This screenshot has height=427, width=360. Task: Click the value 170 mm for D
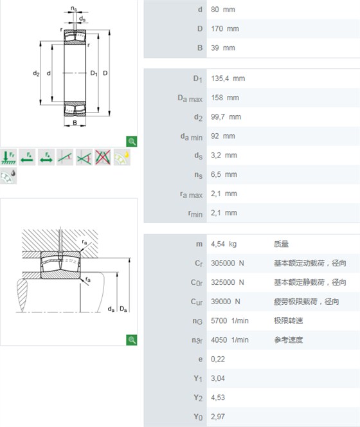click(225, 28)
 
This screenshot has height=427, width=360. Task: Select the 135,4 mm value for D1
click(228, 78)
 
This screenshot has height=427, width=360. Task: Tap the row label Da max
click(190, 98)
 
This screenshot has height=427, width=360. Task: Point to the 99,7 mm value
click(226, 117)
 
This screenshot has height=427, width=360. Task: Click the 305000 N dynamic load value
click(228, 263)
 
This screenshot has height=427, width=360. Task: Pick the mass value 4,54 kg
click(224, 244)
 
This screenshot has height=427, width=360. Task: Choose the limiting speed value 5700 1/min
click(230, 320)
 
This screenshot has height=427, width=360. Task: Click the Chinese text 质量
click(281, 244)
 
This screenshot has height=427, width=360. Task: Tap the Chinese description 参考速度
click(288, 340)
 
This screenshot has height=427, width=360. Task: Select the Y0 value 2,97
click(218, 417)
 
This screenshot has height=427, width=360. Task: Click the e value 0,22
click(218, 359)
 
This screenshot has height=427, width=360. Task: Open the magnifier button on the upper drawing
click(132, 141)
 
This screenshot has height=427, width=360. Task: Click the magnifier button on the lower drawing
click(132, 340)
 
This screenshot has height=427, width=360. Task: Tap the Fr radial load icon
click(8, 157)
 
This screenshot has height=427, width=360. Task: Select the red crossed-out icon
click(103, 157)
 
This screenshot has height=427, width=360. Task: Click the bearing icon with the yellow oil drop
click(122, 157)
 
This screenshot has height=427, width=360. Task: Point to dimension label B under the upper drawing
click(75, 123)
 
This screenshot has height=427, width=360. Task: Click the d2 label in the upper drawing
click(36, 73)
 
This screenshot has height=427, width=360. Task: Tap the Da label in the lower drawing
click(123, 309)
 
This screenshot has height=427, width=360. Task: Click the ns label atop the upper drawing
click(74, 9)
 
